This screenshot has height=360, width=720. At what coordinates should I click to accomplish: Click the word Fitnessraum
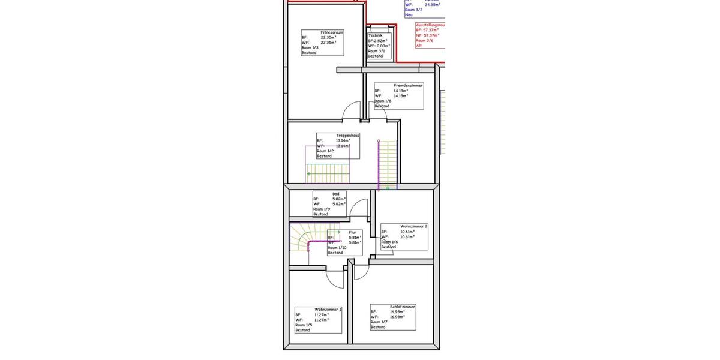[332, 32]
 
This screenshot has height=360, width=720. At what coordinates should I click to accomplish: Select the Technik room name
[375, 35]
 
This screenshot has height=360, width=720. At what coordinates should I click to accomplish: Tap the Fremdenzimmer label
[408, 86]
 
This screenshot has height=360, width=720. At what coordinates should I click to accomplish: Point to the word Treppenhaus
[347, 136]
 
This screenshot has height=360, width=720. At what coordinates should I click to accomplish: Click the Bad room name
[335, 194]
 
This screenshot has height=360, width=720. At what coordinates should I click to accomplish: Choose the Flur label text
[352, 232]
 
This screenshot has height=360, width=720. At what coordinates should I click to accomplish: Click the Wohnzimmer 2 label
[414, 226]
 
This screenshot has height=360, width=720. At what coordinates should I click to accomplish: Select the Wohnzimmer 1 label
[328, 310]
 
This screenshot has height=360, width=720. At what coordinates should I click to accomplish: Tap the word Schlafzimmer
[403, 307]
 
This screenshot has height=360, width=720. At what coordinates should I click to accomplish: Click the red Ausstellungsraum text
[430, 25]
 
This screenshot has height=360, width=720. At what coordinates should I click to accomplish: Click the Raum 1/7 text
[379, 322]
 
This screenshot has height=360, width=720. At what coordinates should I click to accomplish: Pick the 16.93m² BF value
[397, 312]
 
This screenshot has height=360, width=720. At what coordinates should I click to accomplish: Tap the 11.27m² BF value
[322, 314]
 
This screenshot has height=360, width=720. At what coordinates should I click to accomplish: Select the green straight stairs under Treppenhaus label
[327, 173]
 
